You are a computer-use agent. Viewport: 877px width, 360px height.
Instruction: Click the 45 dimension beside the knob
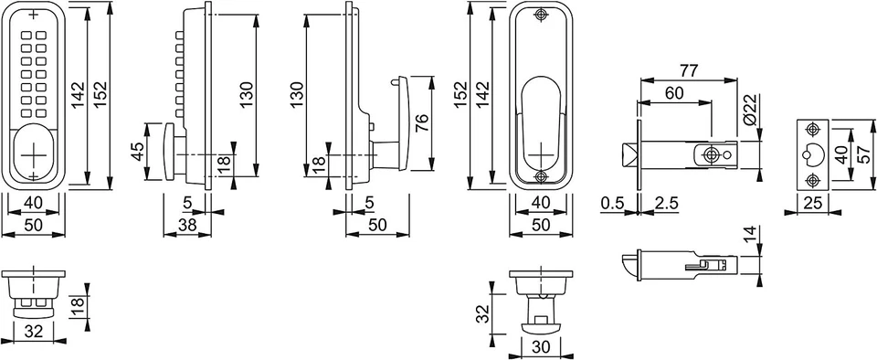pyautogui.click(x=138, y=152)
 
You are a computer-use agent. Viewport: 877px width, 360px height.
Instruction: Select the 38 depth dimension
pyautogui.click(x=186, y=225)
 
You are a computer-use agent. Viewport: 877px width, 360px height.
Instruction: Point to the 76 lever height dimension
pyautogui.click(x=422, y=123)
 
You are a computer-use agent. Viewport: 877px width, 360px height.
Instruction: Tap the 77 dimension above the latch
pyautogui.click(x=688, y=71)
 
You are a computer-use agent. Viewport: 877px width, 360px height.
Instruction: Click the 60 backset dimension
pyautogui.click(x=674, y=93)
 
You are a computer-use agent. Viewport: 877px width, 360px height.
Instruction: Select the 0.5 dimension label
pyautogui.click(x=612, y=204)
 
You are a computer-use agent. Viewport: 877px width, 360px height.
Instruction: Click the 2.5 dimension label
pyautogui.click(x=666, y=204)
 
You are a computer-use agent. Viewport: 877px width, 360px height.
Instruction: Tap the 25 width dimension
pyautogui.click(x=813, y=204)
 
